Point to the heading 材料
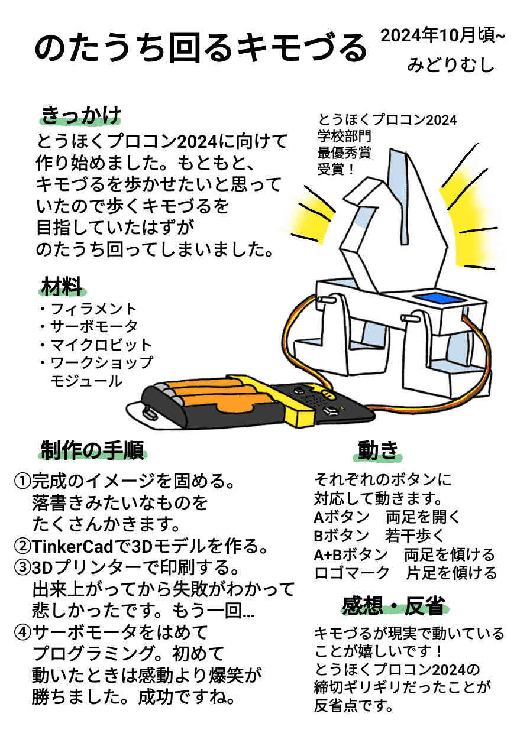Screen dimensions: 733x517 point(62,287)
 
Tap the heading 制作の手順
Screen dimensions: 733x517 point(92,450)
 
